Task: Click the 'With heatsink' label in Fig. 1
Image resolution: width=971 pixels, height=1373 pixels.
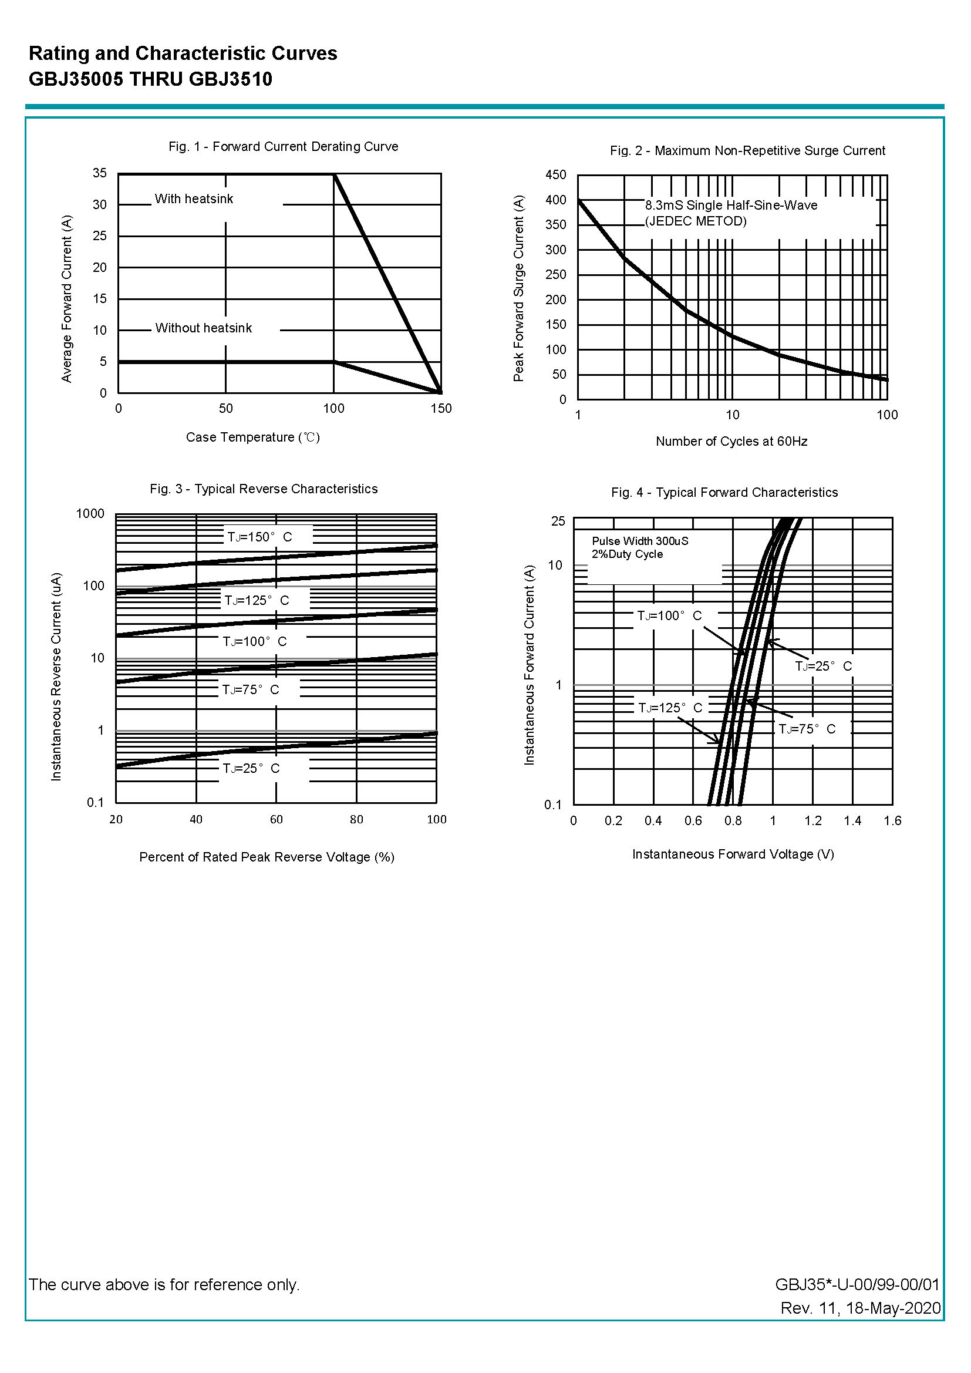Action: click(194, 199)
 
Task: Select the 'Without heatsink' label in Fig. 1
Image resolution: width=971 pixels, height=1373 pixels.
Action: click(203, 328)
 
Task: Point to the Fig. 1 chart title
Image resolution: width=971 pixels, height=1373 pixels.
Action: click(284, 147)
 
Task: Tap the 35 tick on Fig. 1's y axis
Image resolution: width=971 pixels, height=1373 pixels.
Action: click(100, 173)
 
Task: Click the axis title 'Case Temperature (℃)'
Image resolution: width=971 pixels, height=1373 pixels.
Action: click(253, 438)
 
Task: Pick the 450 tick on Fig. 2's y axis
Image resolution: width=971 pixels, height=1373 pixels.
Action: click(555, 175)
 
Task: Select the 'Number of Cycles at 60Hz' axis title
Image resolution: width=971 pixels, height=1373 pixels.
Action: click(731, 442)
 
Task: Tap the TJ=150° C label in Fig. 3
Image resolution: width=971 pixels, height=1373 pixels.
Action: click(259, 537)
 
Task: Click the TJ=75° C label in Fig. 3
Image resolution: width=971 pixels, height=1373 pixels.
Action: click(251, 690)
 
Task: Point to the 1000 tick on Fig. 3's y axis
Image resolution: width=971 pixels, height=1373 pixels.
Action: click(90, 514)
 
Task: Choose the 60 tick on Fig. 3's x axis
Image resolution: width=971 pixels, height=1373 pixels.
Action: click(277, 820)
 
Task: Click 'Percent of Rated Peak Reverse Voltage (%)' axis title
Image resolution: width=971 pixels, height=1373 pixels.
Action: click(267, 857)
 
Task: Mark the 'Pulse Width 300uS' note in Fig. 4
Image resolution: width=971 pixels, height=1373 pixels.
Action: click(640, 541)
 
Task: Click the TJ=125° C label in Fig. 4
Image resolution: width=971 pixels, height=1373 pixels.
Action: click(670, 708)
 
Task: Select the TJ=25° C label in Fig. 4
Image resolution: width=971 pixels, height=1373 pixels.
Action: click(823, 666)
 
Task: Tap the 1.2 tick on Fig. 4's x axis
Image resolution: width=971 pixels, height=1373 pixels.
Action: click(812, 821)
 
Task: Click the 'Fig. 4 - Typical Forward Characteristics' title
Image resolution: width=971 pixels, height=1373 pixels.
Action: click(724, 493)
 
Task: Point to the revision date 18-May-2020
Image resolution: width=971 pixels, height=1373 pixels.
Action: click(894, 1308)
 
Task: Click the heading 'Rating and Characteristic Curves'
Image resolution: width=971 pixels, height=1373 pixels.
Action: click(183, 54)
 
